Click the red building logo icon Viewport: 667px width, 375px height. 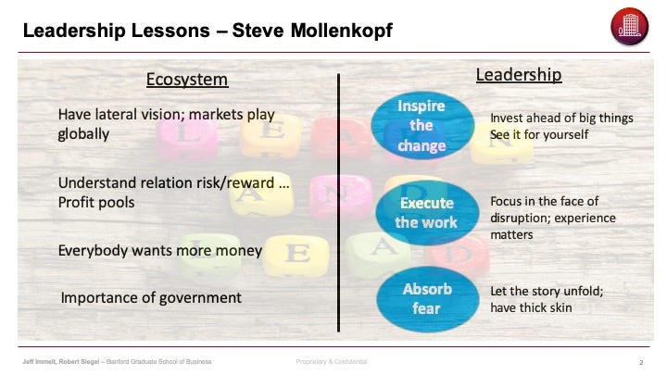(x=629, y=26)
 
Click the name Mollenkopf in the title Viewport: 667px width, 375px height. (x=342, y=31)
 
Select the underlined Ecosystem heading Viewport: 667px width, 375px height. (x=187, y=80)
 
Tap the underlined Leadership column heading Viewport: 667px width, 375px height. (x=519, y=75)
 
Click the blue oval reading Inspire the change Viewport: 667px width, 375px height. (x=422, y=125)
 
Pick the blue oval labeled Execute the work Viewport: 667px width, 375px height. (x=427, y=213)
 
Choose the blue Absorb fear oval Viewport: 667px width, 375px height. (x=427, y=299)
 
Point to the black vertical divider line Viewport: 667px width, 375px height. (x=338, y=203)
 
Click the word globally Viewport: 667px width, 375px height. (x=83, y=134)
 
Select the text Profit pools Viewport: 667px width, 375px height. (x=96, y=203)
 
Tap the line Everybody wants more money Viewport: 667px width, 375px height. (x=160, y=250)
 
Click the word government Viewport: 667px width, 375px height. (x=200, y=297)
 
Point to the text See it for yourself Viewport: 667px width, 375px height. (x=539, y=135)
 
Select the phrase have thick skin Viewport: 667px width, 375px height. (x=531, y=307)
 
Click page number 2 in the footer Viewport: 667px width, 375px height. (x=641, y=362)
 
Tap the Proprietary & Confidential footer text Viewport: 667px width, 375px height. (x=332, y=361)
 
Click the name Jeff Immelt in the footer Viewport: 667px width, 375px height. (x=39, y=361)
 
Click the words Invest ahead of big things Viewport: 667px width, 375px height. (x=561, y=119)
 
